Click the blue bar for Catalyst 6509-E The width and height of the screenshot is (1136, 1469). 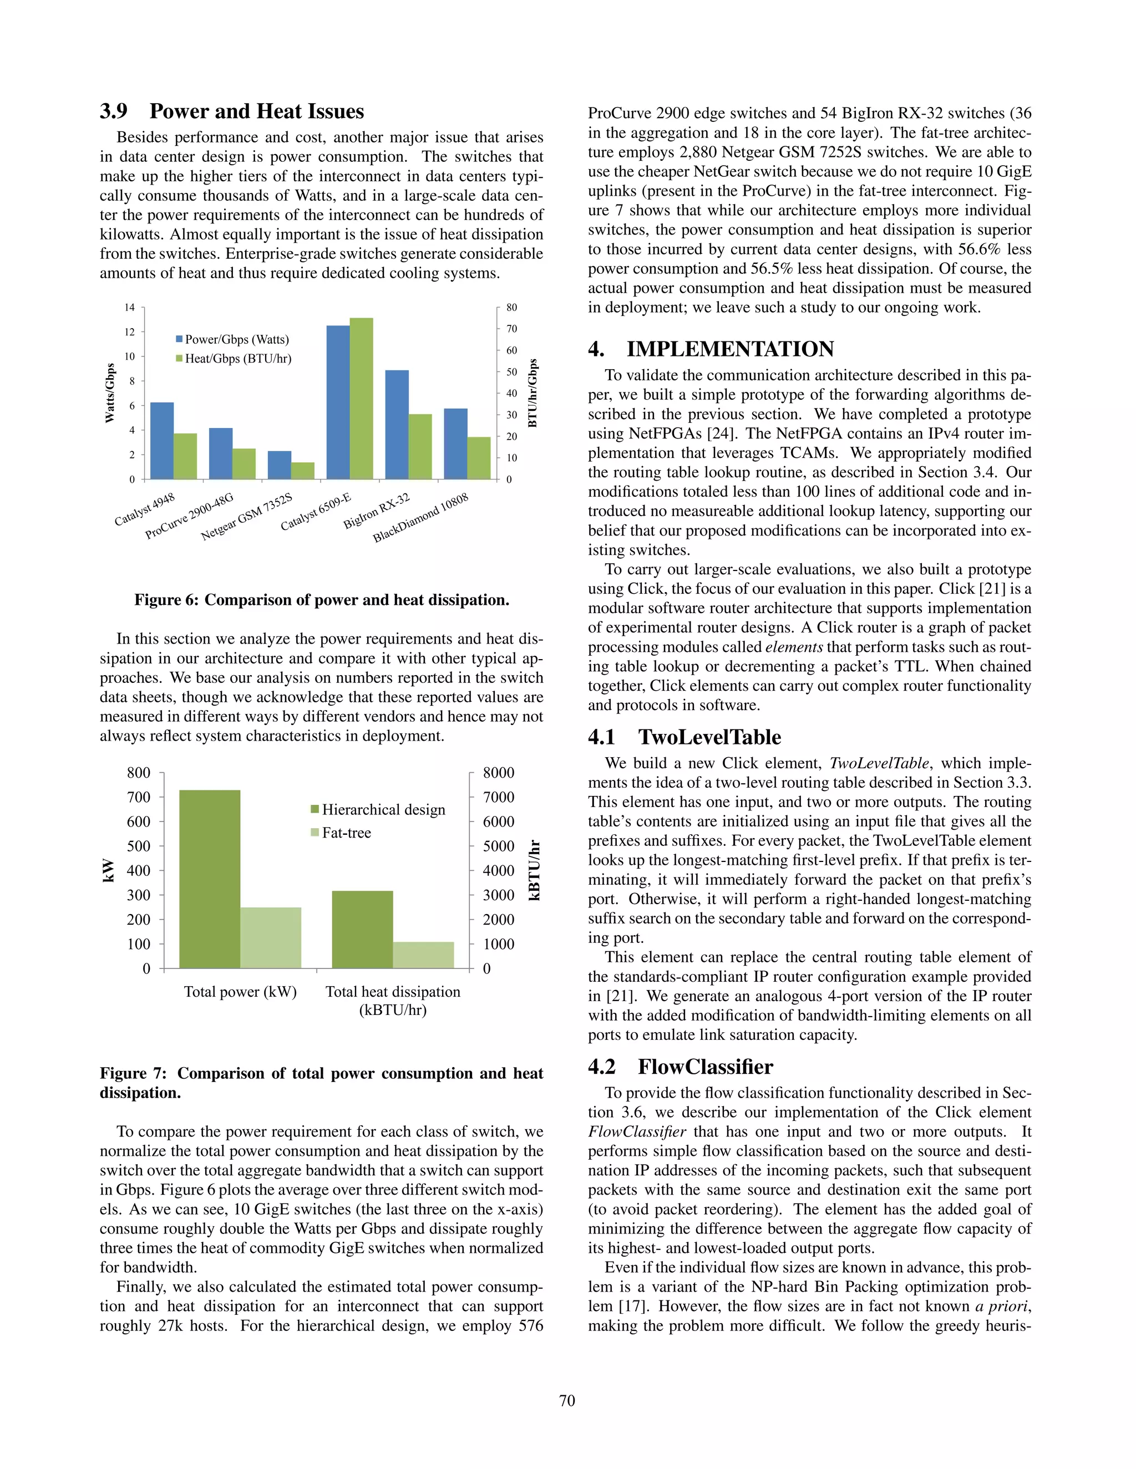pos(338,402)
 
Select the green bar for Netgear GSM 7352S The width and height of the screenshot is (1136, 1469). pos(303,470)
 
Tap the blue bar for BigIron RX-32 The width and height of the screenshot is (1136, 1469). pos(397,425)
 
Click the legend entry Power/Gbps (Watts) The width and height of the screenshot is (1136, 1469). pos(232,340)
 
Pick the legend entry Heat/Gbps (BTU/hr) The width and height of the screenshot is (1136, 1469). pos(234,359)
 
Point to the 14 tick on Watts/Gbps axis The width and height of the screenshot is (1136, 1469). pos(129,308)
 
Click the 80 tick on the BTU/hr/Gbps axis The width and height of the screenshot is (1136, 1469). pos(511,308)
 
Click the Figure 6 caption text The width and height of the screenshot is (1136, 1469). pos(322,599)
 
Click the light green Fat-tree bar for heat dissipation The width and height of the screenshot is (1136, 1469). pos(423,955)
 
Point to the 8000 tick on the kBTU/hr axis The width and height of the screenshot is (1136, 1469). pos(498,772)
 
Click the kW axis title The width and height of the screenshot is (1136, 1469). pos(108,870)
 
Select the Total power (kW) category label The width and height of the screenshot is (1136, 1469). pos(240,992)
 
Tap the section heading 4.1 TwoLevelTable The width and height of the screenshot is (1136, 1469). pos(684,737)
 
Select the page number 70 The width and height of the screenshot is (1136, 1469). pos(567,1400)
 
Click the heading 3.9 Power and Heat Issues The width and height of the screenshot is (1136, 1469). pos(232,111)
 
